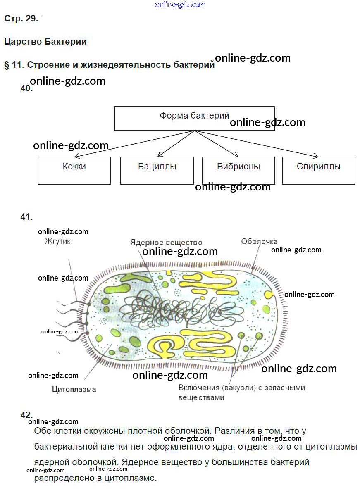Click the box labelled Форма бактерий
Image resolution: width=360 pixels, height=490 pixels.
[x=194, y=118]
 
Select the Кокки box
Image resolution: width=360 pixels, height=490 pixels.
[x=74, y=170]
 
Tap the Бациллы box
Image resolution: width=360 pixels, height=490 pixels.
[x=157, y=170]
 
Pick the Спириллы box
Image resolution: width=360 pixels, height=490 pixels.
[x=318, y=170]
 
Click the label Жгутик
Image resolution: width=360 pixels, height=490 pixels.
[x=57, y=241]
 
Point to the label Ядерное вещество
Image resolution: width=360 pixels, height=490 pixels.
[x=166, y=242]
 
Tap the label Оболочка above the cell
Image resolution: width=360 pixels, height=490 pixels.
[x=259, y=241]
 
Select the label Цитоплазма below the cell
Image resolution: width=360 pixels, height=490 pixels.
[x=74, y=389]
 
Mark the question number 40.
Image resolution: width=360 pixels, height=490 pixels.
[x=26, y=88]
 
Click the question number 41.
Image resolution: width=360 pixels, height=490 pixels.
[x=26, y=216]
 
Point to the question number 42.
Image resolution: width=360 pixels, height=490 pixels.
[x=26, y=415]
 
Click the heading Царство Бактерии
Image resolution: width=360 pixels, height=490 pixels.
[x=45, y=41]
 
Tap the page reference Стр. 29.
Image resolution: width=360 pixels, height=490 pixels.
[x=21, y=19]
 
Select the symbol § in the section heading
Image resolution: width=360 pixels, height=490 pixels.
[x=7, y=65]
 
